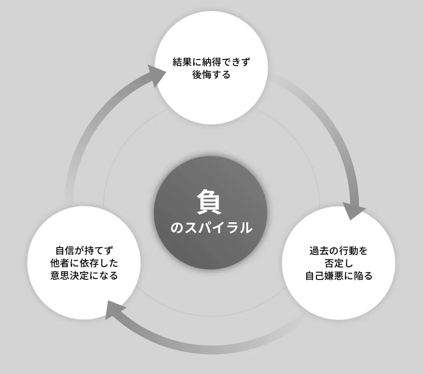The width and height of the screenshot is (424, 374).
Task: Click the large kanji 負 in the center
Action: point(209,202)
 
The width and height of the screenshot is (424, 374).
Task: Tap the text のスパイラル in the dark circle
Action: point(211,227)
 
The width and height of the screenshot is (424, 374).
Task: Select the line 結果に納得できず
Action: point(212,62)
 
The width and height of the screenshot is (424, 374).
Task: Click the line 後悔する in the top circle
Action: point(212,74)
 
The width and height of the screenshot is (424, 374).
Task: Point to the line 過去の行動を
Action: point(339,251)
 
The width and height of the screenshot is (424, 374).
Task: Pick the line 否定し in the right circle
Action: point(339,263)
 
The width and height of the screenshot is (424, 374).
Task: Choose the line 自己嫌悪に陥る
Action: point(339,276)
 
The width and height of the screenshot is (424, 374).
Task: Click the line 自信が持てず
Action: point(84,250)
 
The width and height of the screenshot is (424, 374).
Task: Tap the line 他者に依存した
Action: point(84,263)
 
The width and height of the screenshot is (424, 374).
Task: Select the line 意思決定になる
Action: point(84,275)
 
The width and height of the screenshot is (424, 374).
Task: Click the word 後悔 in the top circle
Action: point(202,74)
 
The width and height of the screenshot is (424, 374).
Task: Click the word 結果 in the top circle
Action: point(182,62)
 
